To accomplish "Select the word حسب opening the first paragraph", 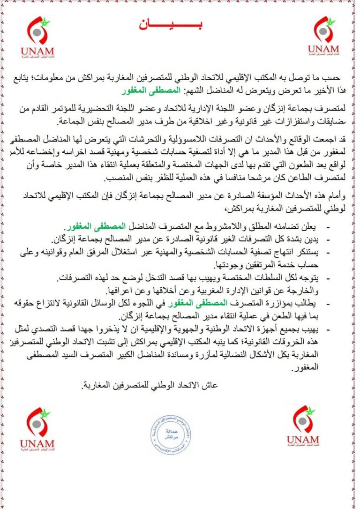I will pos(330,77).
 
